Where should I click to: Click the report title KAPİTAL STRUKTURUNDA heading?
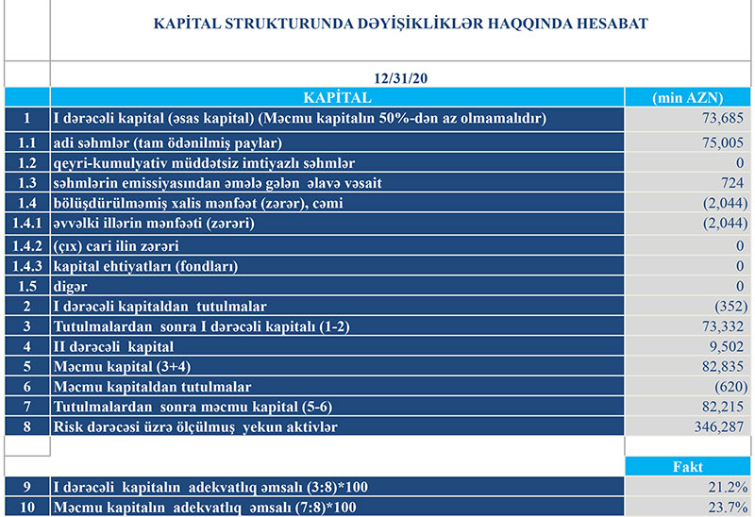pyautogui.click(x=400, y=24)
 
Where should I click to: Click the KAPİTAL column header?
pyautogui.click(x=337, y=97)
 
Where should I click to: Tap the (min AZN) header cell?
pyautogui.click(x=687, y=97)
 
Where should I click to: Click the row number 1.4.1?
pyautogui.click(x=27, y=224)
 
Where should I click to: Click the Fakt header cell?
pyautogui.click(x=687, y=466)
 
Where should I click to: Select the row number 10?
pyautogui.click(x=27, y=508)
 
